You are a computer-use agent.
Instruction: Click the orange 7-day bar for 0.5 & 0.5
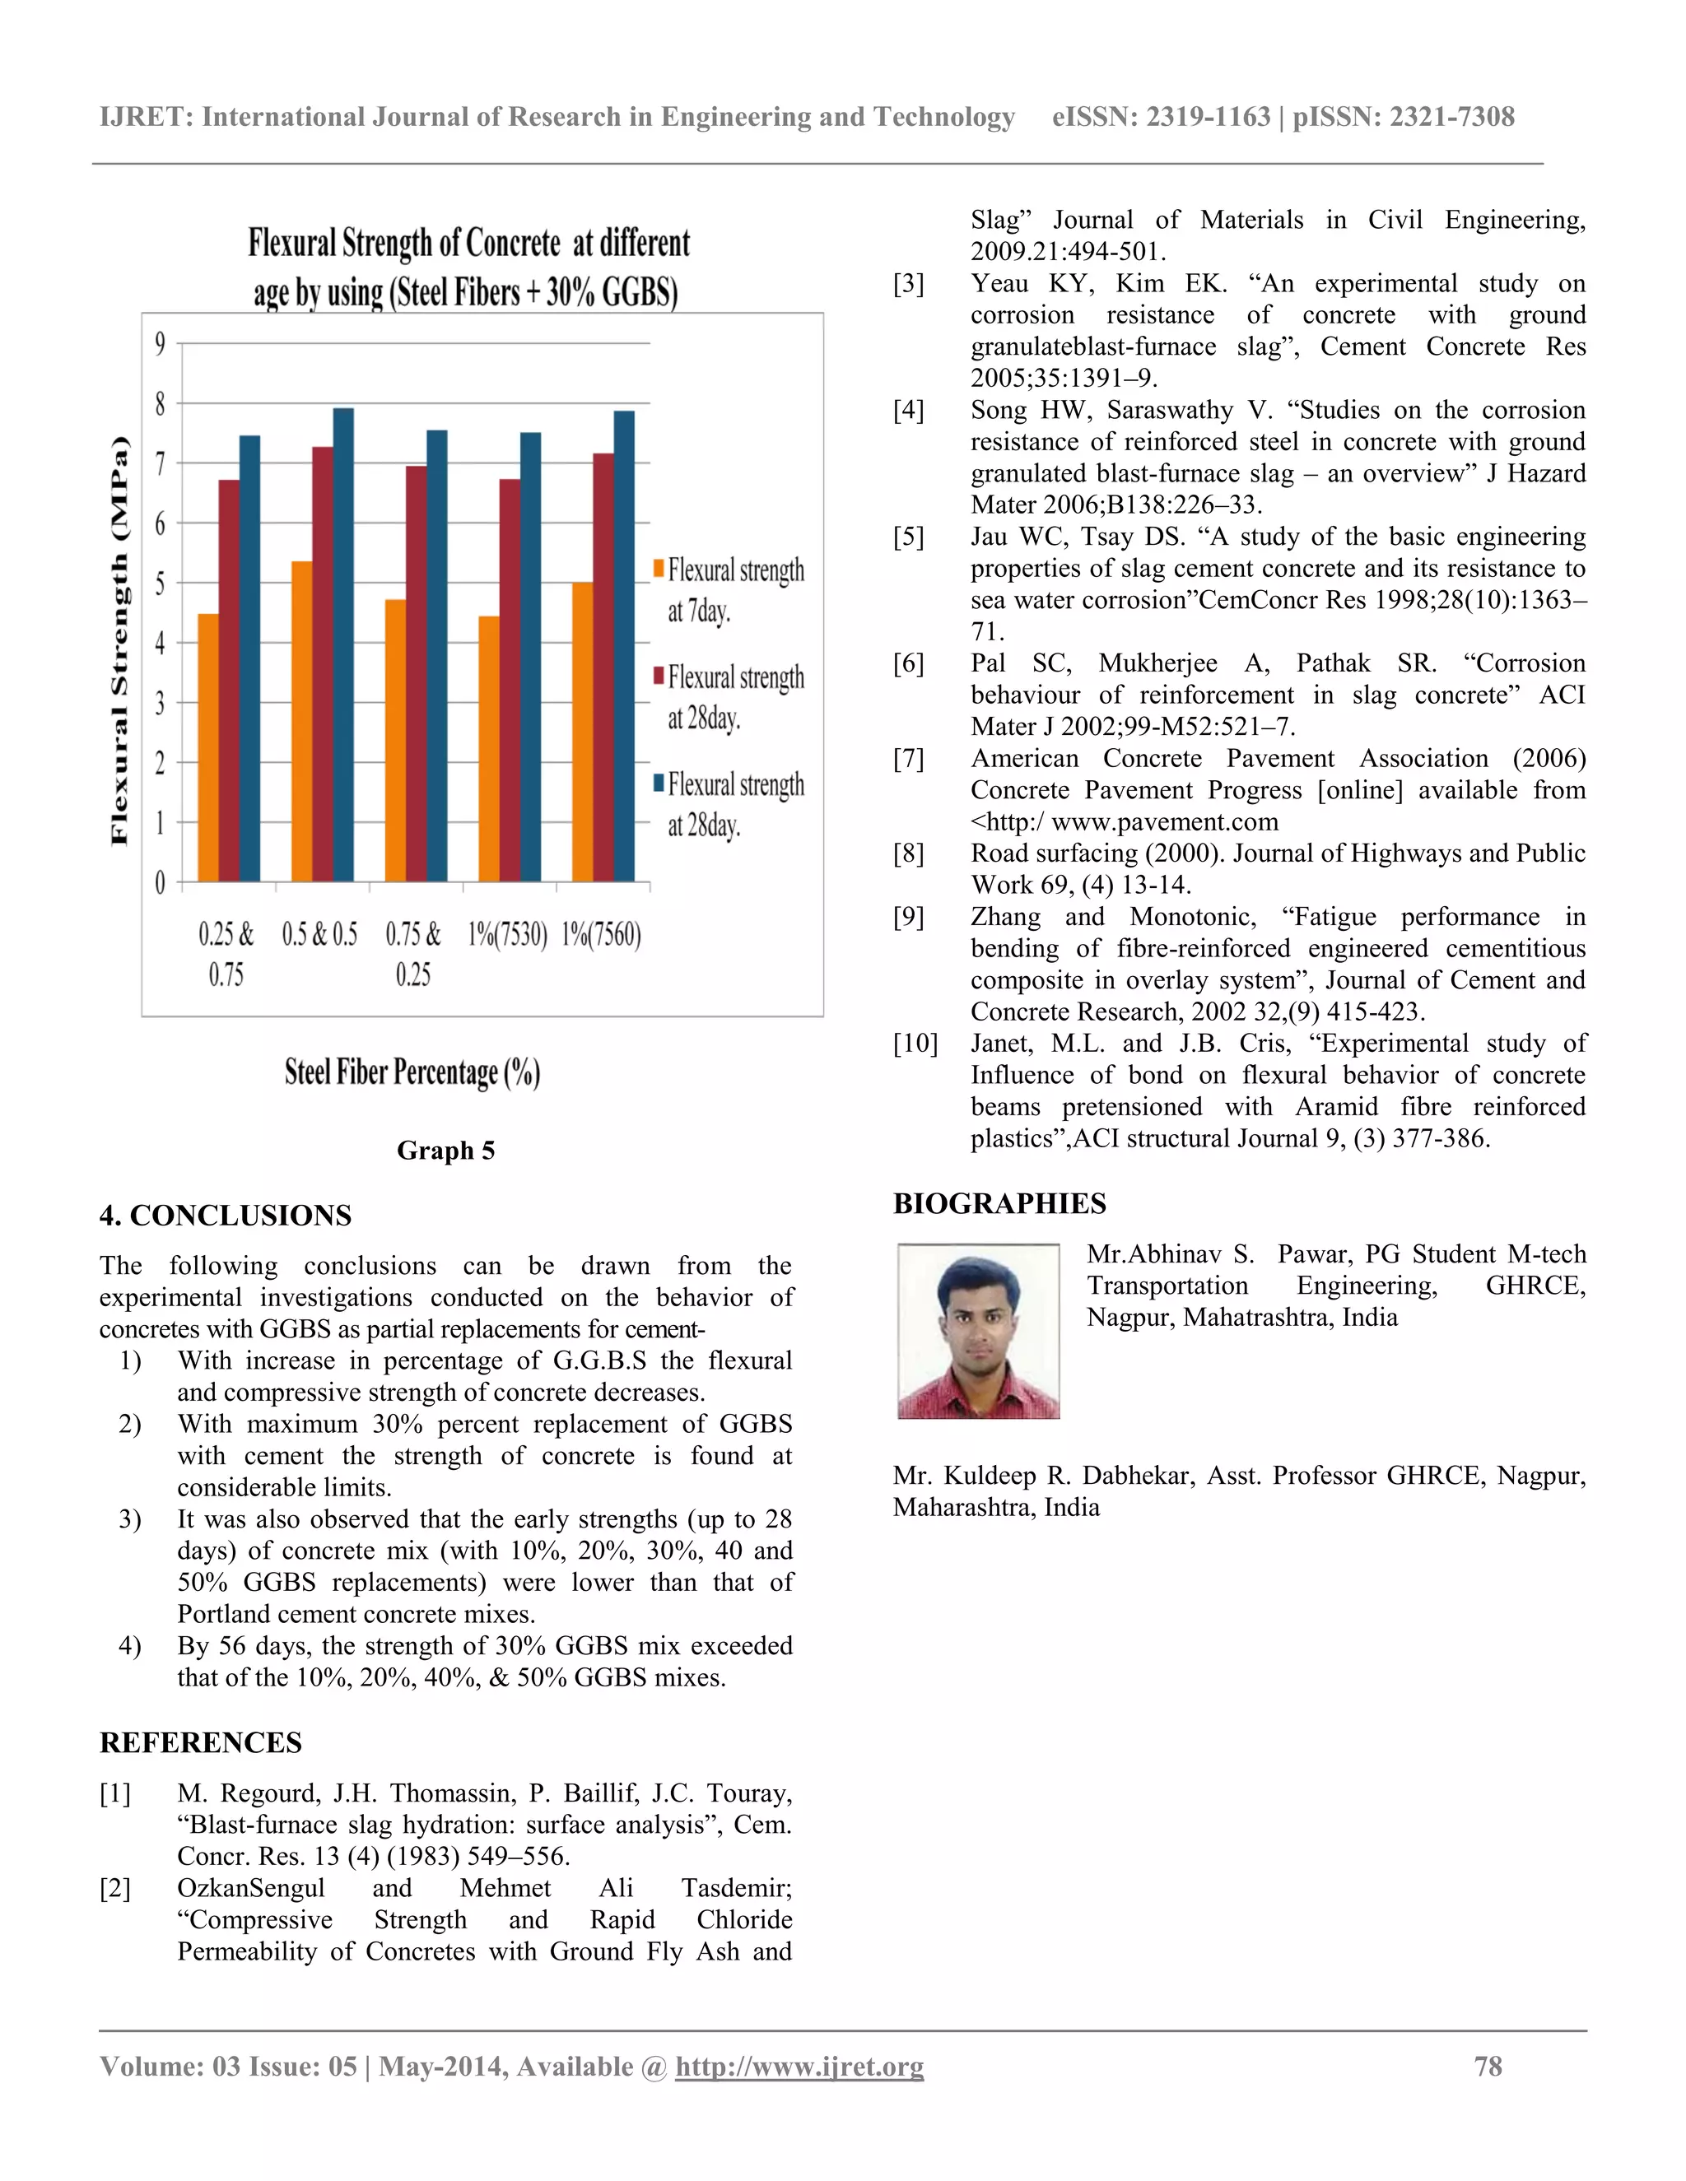pyautogui.click(x=301, y=721)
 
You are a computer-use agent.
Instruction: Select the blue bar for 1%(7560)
pyautogui.click(x=624, y=646)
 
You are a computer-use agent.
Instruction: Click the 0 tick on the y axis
pyautogui.click(x=160, y=883)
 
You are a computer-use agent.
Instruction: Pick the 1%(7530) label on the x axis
pyautogui.click(x=507, y=935)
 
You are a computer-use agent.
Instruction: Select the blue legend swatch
pyautogui.click(x=659, y=783)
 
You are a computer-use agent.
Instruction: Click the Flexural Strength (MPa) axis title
pyautogui.click(x=120, y=641)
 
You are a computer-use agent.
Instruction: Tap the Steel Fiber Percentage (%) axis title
pyautogui.click(x=412, y=1072)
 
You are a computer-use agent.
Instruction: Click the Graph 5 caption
pyautogui.click(x=445, y=1151)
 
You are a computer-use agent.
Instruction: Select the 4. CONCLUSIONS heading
pyautogui.click(x=226, y=1216)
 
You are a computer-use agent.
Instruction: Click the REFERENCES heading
pyautogui.click(x=201, y=1742)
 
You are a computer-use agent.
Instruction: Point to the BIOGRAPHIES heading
pyautogui.click(x=999, y=1203)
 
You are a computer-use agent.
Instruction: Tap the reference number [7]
pyautogui.click(x=908, y=759)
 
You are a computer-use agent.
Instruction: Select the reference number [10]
pyautogui.click(x=915, y=1044)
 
